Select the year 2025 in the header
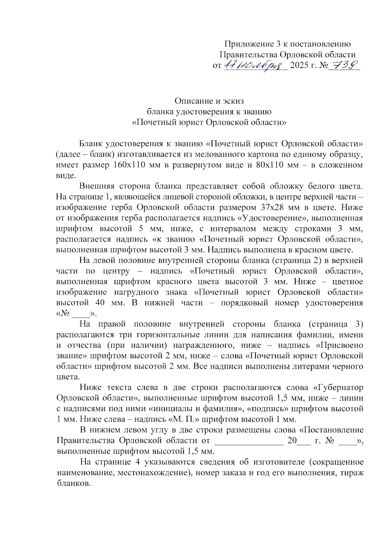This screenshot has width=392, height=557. pyautogui.click(x=299, y=65)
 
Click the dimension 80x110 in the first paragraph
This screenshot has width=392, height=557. pyautogui.click(x=269, y=165)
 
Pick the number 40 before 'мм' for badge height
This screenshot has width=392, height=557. pyautogui.click(x=100, y=303)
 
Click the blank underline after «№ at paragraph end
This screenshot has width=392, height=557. pyautogui.click(x=81, y=314)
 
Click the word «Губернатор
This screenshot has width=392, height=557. pyautogui.click(x=338, y=388)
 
